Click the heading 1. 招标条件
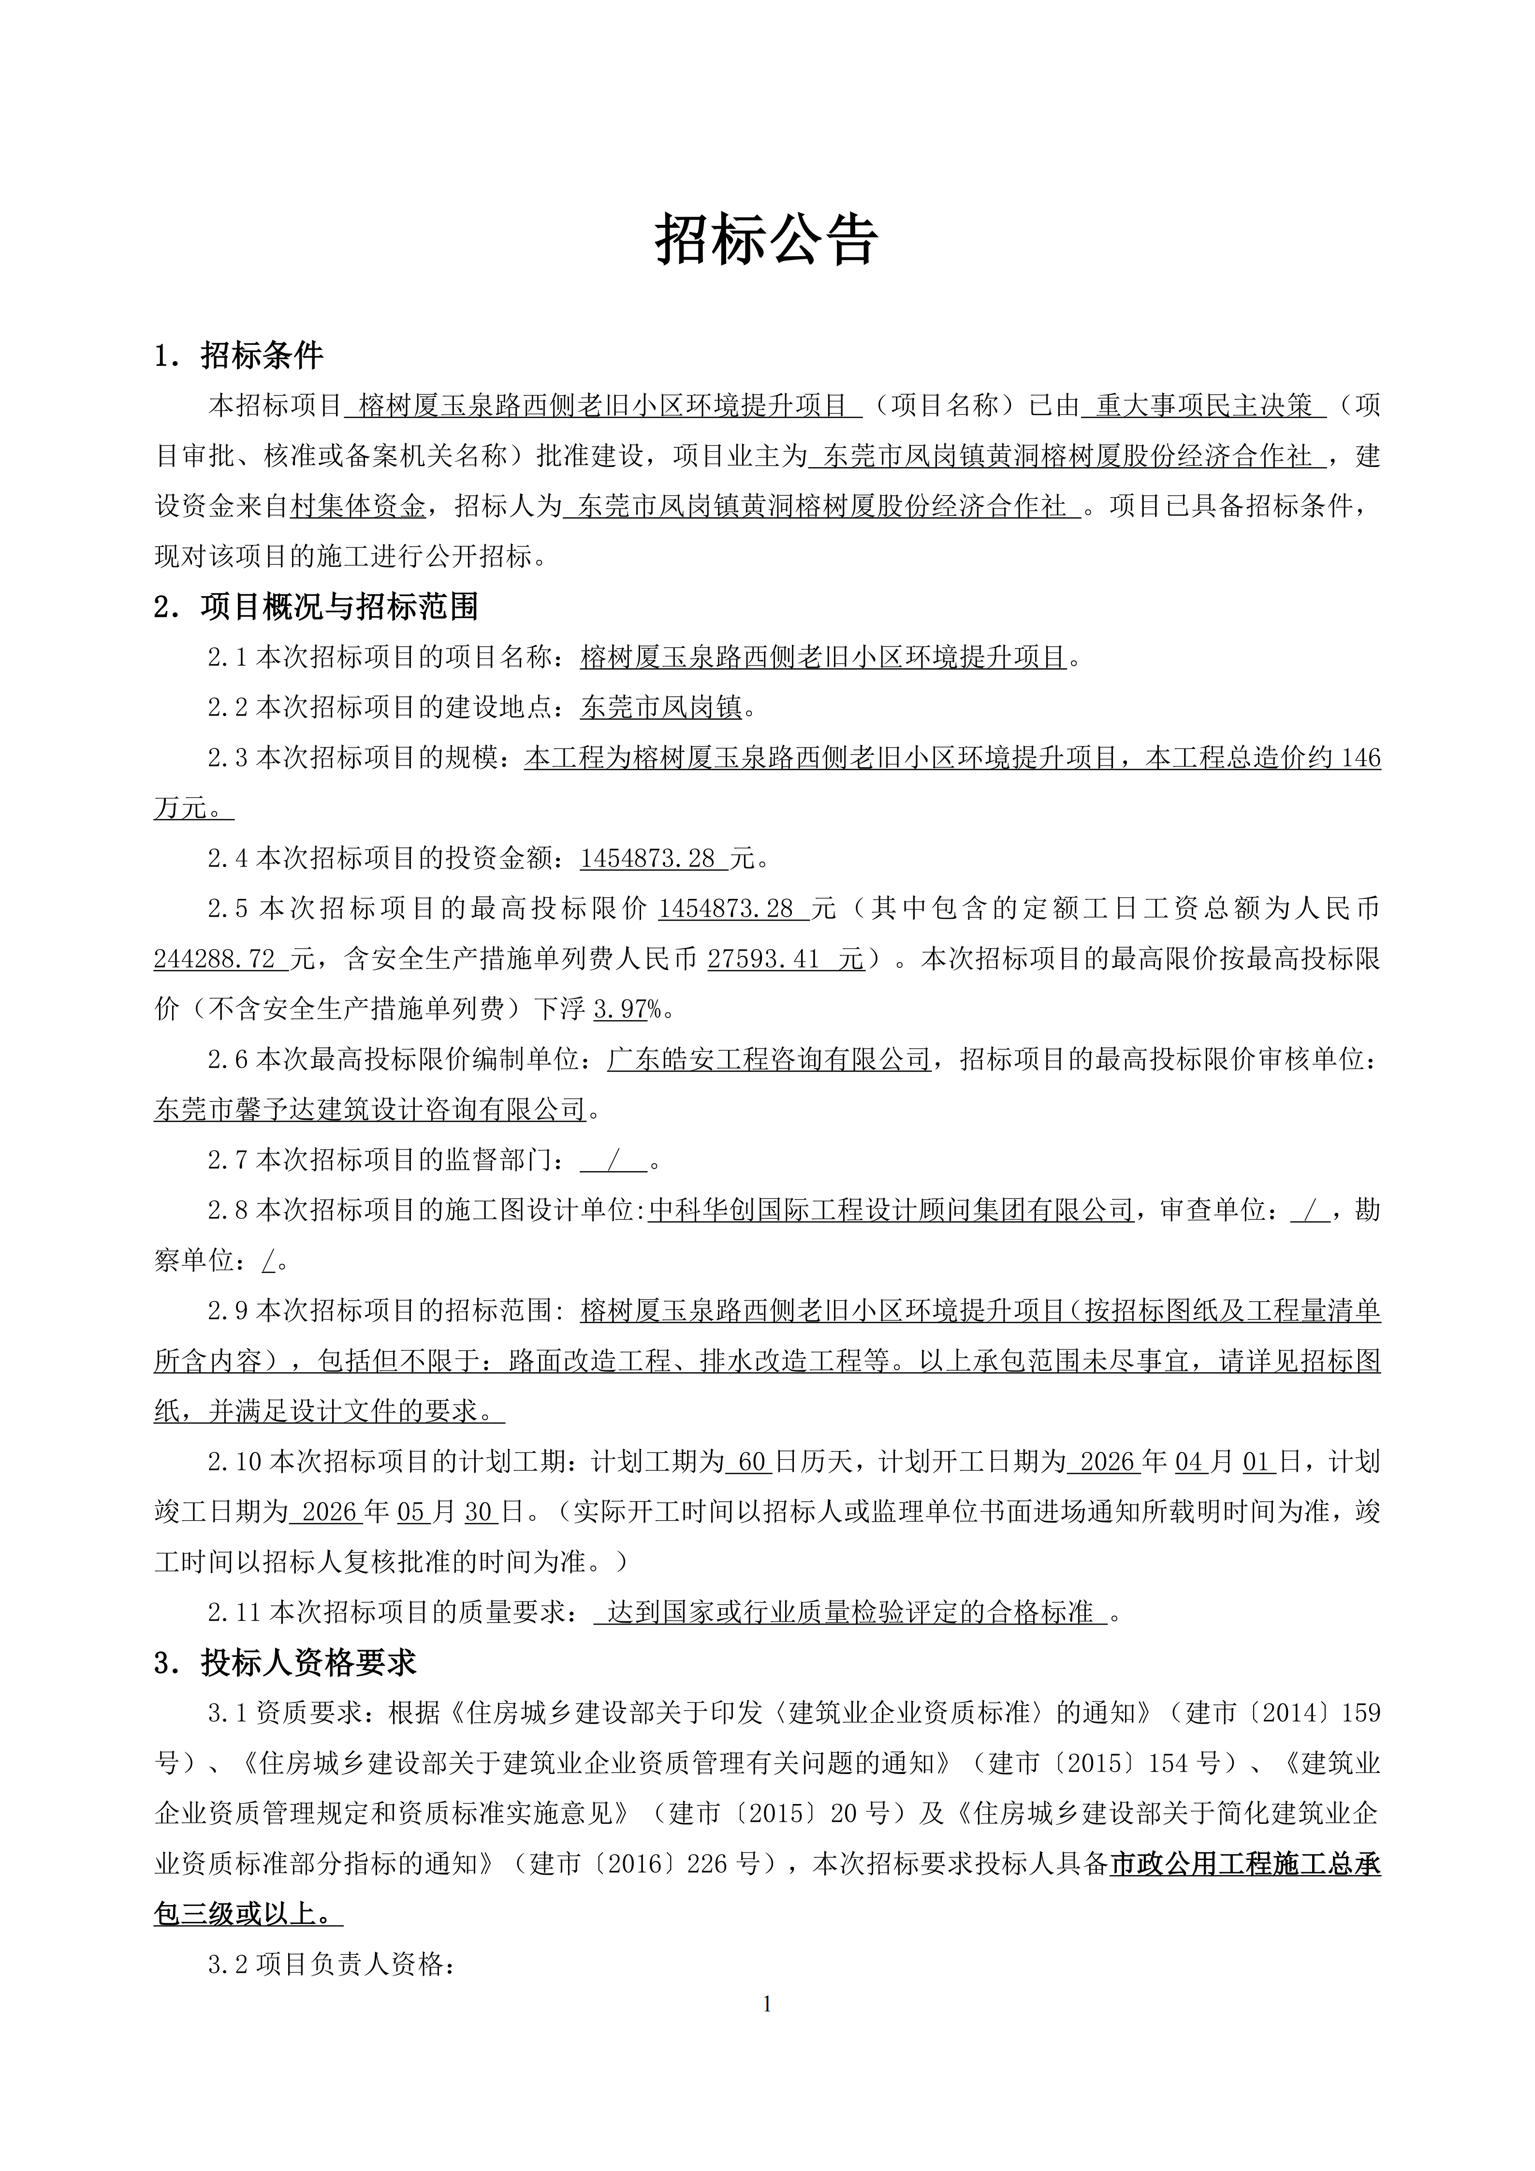tap(239, 355)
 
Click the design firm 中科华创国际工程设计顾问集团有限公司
tap(891, 1209)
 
